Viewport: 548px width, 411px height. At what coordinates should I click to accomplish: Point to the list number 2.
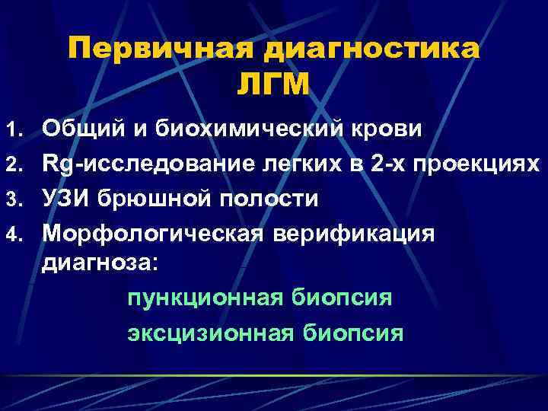click(15, 164)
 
